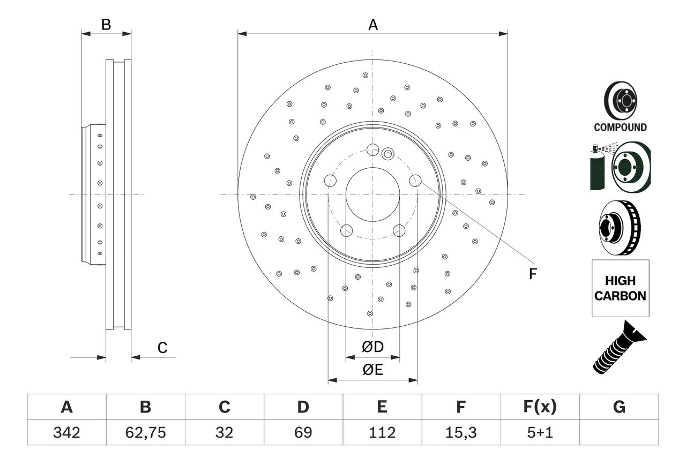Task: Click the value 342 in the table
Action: pyautogui.click(x=66, y=432)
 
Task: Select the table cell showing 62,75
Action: pyautogui.click(x=145, y=432)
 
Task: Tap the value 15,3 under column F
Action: pyautogui.click(x=460, y=432)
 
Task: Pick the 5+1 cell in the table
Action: pyautogui.click(x=539, y=432)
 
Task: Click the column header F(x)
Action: pyautogui.click(x=539, y=407)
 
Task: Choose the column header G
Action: pyautogui.click(x=619, y=407)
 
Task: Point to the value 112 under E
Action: pyautogui.click(x=382, y=432)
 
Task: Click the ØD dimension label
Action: pyautogui.click(x=372, y=347)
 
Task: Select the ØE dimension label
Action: pyautogui.click(x=372, y=370)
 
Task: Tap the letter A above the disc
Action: pyautogui.click(x=372, y=25)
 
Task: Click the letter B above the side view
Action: pyautogui.click(x=106, y=25)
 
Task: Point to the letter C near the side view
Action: pyautogui.click(x=162, y=348)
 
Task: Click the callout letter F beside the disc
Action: pyautogui.click(x=532, y=274)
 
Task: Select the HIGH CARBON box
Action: pyautogui.click(x=620, y=288)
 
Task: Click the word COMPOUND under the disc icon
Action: pyautogui.click(x=620, y=128)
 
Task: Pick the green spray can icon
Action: pyautogui.click(x=596, y=169)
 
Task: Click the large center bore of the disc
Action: pyautogui.click(x=372, y=194)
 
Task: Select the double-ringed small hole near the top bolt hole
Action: pyautogui.click(x=388, y=154)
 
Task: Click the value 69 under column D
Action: pyautogui.click(x=303, y=432)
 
